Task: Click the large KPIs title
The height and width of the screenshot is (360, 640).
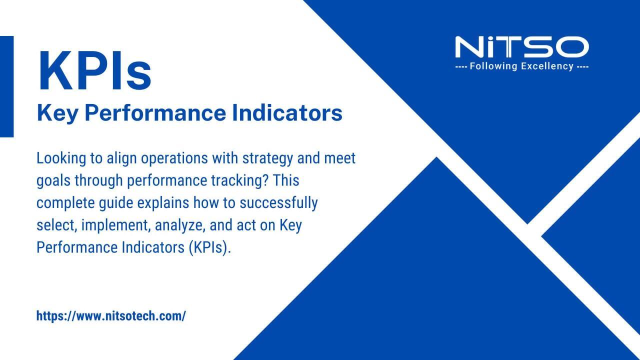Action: click(94, 71)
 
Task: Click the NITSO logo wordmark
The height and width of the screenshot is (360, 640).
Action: click(521, 47)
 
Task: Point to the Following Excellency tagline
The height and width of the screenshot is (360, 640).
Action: click(521, 66)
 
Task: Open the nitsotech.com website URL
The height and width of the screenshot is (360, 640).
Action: click(111, 316)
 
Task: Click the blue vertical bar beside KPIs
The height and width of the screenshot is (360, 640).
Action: click(6, 86)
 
